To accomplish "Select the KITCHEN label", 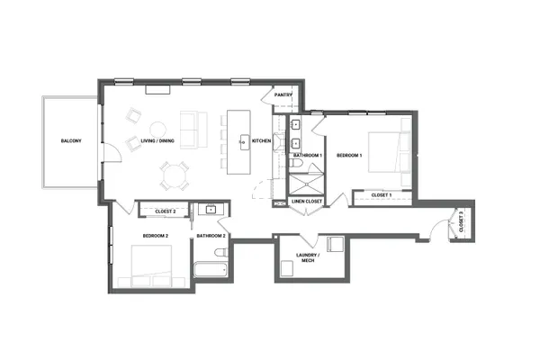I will point(262,141).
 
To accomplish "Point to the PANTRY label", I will point(283,94).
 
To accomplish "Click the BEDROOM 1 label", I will point(349,155).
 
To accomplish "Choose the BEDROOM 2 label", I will point(155,236).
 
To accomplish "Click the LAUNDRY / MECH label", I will point(310,260).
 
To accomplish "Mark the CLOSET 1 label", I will point(380,194).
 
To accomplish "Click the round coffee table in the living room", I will point(158,128).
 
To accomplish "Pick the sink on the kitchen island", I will point(241,141).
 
